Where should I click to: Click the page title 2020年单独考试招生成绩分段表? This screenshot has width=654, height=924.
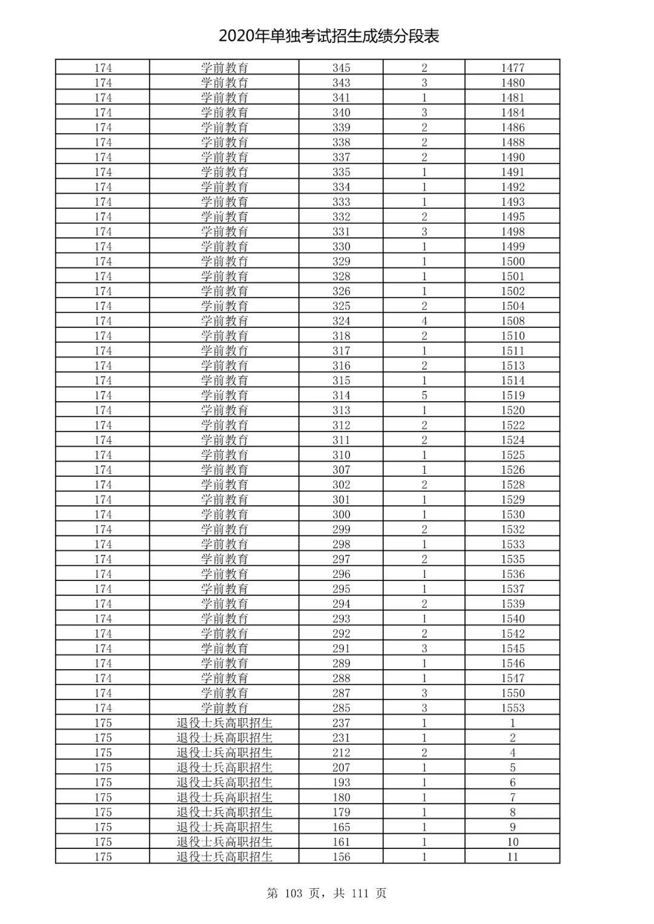329,36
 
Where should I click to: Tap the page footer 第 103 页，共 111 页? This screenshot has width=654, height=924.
326,893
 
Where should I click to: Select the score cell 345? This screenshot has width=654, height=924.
341,68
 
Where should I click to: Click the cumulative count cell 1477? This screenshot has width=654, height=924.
512,68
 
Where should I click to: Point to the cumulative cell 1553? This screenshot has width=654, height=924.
512,708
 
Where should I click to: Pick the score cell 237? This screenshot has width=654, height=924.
341,722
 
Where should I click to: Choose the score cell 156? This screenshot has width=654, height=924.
341,857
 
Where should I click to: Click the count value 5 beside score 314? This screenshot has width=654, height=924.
424,395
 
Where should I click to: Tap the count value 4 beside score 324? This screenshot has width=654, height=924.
424,321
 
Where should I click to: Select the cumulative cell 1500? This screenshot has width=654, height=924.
512,261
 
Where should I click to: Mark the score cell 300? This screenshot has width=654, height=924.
341,514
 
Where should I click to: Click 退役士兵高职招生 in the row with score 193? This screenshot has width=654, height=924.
224,782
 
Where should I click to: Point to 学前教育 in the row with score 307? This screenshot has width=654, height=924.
224,470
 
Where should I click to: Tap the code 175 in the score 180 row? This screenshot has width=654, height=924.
103,798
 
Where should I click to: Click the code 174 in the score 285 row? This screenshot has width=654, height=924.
103,708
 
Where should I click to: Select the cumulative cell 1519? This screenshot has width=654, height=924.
512,395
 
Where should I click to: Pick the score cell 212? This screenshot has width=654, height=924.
341,753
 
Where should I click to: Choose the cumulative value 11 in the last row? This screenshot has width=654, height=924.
512,857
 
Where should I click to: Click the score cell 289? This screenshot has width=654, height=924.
341,663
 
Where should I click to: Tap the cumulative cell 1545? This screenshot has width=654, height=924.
512,648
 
